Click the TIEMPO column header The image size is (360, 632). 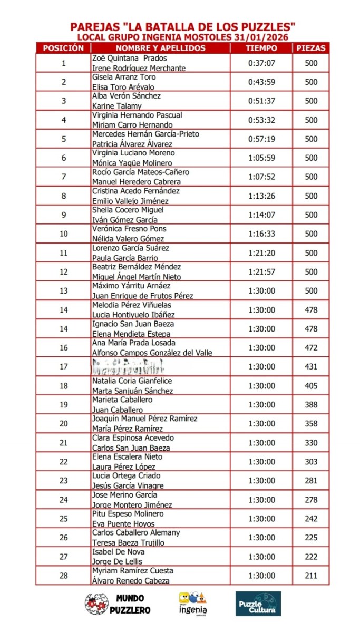pyautogui.click(x=261, y=48)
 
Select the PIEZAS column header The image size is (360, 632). pyautogui.click(x=311, y=48)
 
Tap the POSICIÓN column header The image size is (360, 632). pyautogui.click(x=63, y=48)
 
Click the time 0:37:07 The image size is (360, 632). pyautogui.click(x=261, y=63)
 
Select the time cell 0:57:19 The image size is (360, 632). pyautogui.click(x=261, y=139)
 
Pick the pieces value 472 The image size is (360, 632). pyautogui.click(x=311, y=348)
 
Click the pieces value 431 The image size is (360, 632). pyautogui.click(x=311, y=367)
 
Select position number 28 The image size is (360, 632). pyautogui.click(x=64, y=576)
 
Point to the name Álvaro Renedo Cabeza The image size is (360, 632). pyautogui.click(x=131, y=580)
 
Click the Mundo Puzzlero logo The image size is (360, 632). pyautogui.click(x=118, y=604)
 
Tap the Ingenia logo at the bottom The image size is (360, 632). pyautogui.click(x=193, y=604)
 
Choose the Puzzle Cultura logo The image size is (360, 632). pyautogui.click(x=258, y=604)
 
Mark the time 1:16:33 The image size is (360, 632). pyautogui.click(x=261, y=234)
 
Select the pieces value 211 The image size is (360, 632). pyautogui.click(x=311, y=576)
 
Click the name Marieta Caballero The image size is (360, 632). pyautogui.click(x=122, y=400)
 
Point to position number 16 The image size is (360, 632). pyautogui.click(x=64, y=348)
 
